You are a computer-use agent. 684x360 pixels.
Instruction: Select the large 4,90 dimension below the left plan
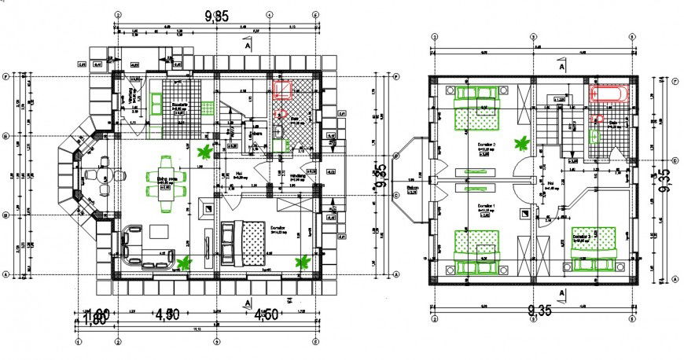click(168, 314)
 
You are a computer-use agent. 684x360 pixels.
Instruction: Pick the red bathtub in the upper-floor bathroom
click(609, 95)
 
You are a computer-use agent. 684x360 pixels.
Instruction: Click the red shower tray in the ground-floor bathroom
click(282, 88)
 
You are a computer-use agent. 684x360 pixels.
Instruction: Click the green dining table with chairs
click(166, 183)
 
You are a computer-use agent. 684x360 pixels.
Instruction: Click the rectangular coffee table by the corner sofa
click(158, 231)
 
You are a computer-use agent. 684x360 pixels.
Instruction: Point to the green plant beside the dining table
click(205, 152)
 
